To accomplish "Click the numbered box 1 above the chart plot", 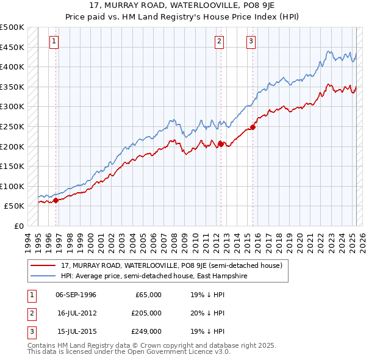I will pyautogui.click(x=54, y=41).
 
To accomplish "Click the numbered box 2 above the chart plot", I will pyautogui.click(x=219, y=41).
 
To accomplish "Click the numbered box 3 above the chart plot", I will pyautogui.click(x=251, y=41).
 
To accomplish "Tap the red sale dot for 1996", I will pyautogui.click(x=56, y=200).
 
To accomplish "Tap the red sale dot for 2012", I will pyautogui.click(x=220, y=144).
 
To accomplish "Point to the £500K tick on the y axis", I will pyautogui.click(x=12, y=27).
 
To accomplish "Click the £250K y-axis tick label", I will pyautogui.click(x=12, y=126).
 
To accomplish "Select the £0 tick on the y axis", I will pyautogui.click(x=18, y=226).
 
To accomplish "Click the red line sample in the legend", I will pyautogui.click(x=43, y=266).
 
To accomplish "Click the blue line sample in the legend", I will pyautogui.click(x=43, y=276).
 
